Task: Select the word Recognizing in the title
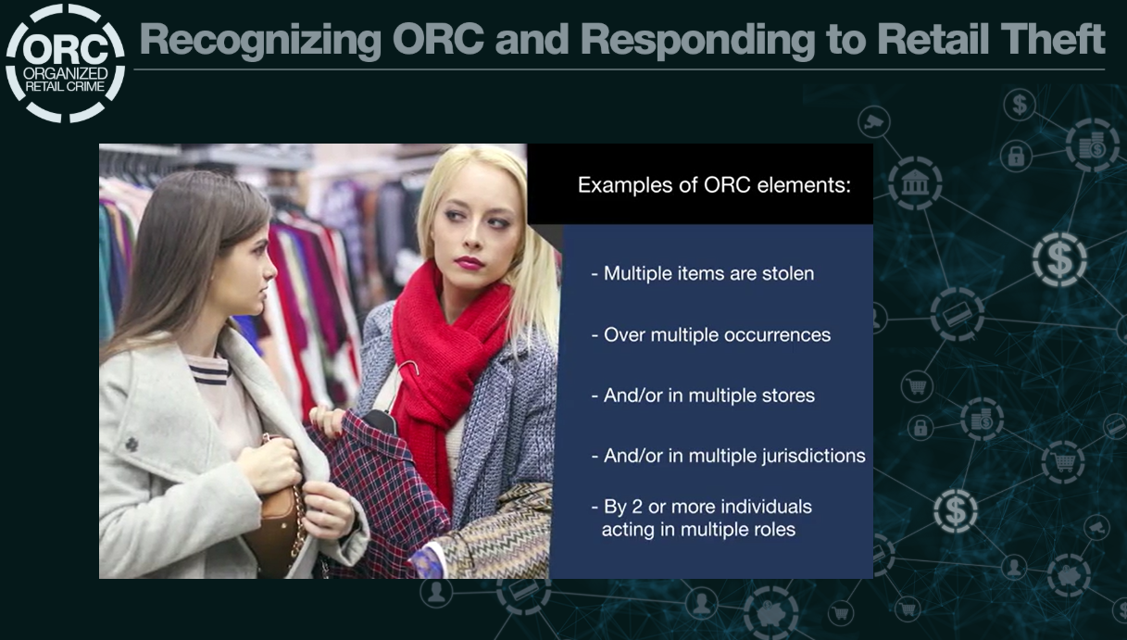point(260,40)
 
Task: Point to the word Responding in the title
point(698,40)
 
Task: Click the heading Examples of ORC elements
point(714,184)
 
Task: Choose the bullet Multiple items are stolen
point(703,273)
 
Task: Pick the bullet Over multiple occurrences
point(711,335)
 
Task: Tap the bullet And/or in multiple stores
point(703,395)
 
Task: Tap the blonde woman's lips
point(469,262)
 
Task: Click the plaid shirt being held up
point(382,483)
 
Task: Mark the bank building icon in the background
point(915,182)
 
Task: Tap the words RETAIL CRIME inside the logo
point(65,86)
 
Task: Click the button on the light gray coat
point(131,444)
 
